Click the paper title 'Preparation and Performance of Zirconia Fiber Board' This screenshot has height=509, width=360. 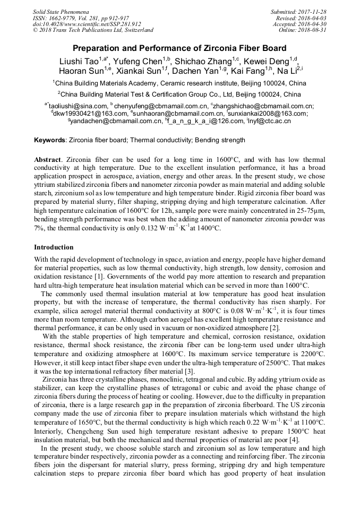[179, 48]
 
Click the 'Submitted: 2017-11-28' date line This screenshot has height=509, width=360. [299, 11]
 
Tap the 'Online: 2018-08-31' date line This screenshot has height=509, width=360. [303, 30]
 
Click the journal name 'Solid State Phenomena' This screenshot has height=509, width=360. [61, 11]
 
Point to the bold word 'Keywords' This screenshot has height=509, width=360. [50, 140]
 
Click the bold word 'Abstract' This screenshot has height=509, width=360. [48, 159]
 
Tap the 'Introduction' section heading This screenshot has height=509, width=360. [54, 247]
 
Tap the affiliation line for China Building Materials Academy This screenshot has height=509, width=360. [179, 83]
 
